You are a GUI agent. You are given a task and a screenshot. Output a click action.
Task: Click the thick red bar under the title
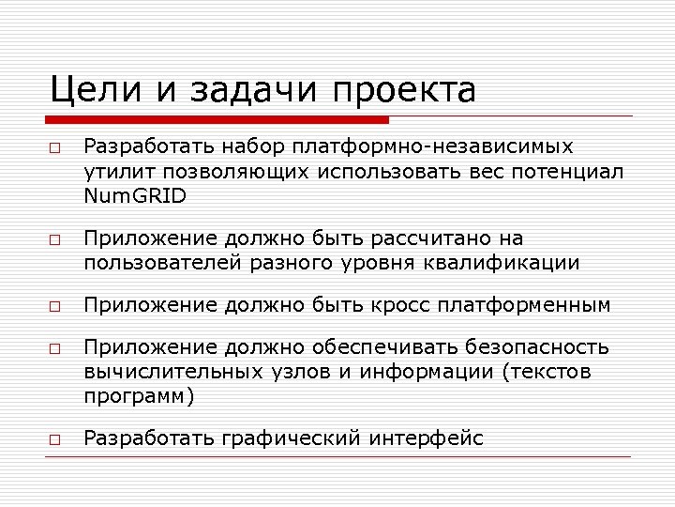coord(218,119)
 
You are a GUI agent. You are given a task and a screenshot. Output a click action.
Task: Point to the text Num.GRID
coord(135,196)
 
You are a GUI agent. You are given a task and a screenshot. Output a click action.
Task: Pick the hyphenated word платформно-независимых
coord(432,148)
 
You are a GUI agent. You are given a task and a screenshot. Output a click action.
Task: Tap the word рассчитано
coord(448,238)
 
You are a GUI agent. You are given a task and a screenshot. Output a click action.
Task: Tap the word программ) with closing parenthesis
coord(139,396)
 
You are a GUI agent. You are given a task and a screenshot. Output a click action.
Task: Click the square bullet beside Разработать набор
coord(55,149)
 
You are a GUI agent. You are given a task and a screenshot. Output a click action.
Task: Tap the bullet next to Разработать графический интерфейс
coord(55,438)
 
